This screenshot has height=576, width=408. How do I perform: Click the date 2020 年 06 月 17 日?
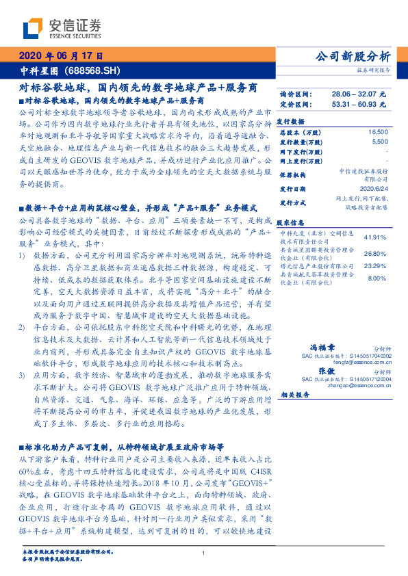(x=62, y=57)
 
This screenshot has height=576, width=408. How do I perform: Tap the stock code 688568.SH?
(x=92, y=70)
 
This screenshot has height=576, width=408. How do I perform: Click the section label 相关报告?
(x=295, y=395)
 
